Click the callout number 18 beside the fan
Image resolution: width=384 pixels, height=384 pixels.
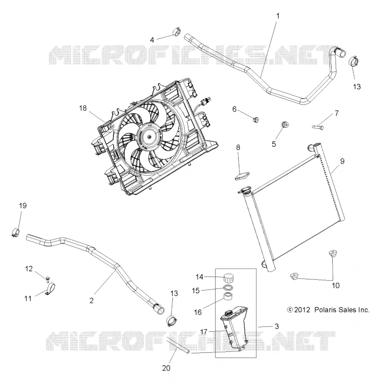(83, 108)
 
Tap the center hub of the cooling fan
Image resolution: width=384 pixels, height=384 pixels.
(149, 135)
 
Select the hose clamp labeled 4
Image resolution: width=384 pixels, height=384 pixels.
(176, 32)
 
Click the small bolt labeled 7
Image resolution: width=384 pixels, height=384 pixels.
(318, 127)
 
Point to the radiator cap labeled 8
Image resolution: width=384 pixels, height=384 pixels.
(243, 176)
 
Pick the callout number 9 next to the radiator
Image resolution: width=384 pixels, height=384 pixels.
(342, 161)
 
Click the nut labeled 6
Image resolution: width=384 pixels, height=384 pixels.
(256, 120)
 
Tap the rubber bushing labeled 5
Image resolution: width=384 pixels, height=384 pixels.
(285, 124)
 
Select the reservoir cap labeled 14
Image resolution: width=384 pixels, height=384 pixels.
(229, 278)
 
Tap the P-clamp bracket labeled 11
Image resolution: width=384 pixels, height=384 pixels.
(51, 288)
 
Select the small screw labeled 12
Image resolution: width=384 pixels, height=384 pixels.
(48, 278)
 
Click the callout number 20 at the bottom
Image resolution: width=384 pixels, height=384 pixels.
(166, 368)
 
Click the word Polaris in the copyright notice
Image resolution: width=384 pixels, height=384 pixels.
(324, 310)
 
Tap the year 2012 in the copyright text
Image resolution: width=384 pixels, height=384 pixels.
(302, 310)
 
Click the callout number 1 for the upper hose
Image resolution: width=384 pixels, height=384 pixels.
(278, 16)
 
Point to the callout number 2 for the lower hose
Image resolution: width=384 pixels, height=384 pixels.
(91, 300)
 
